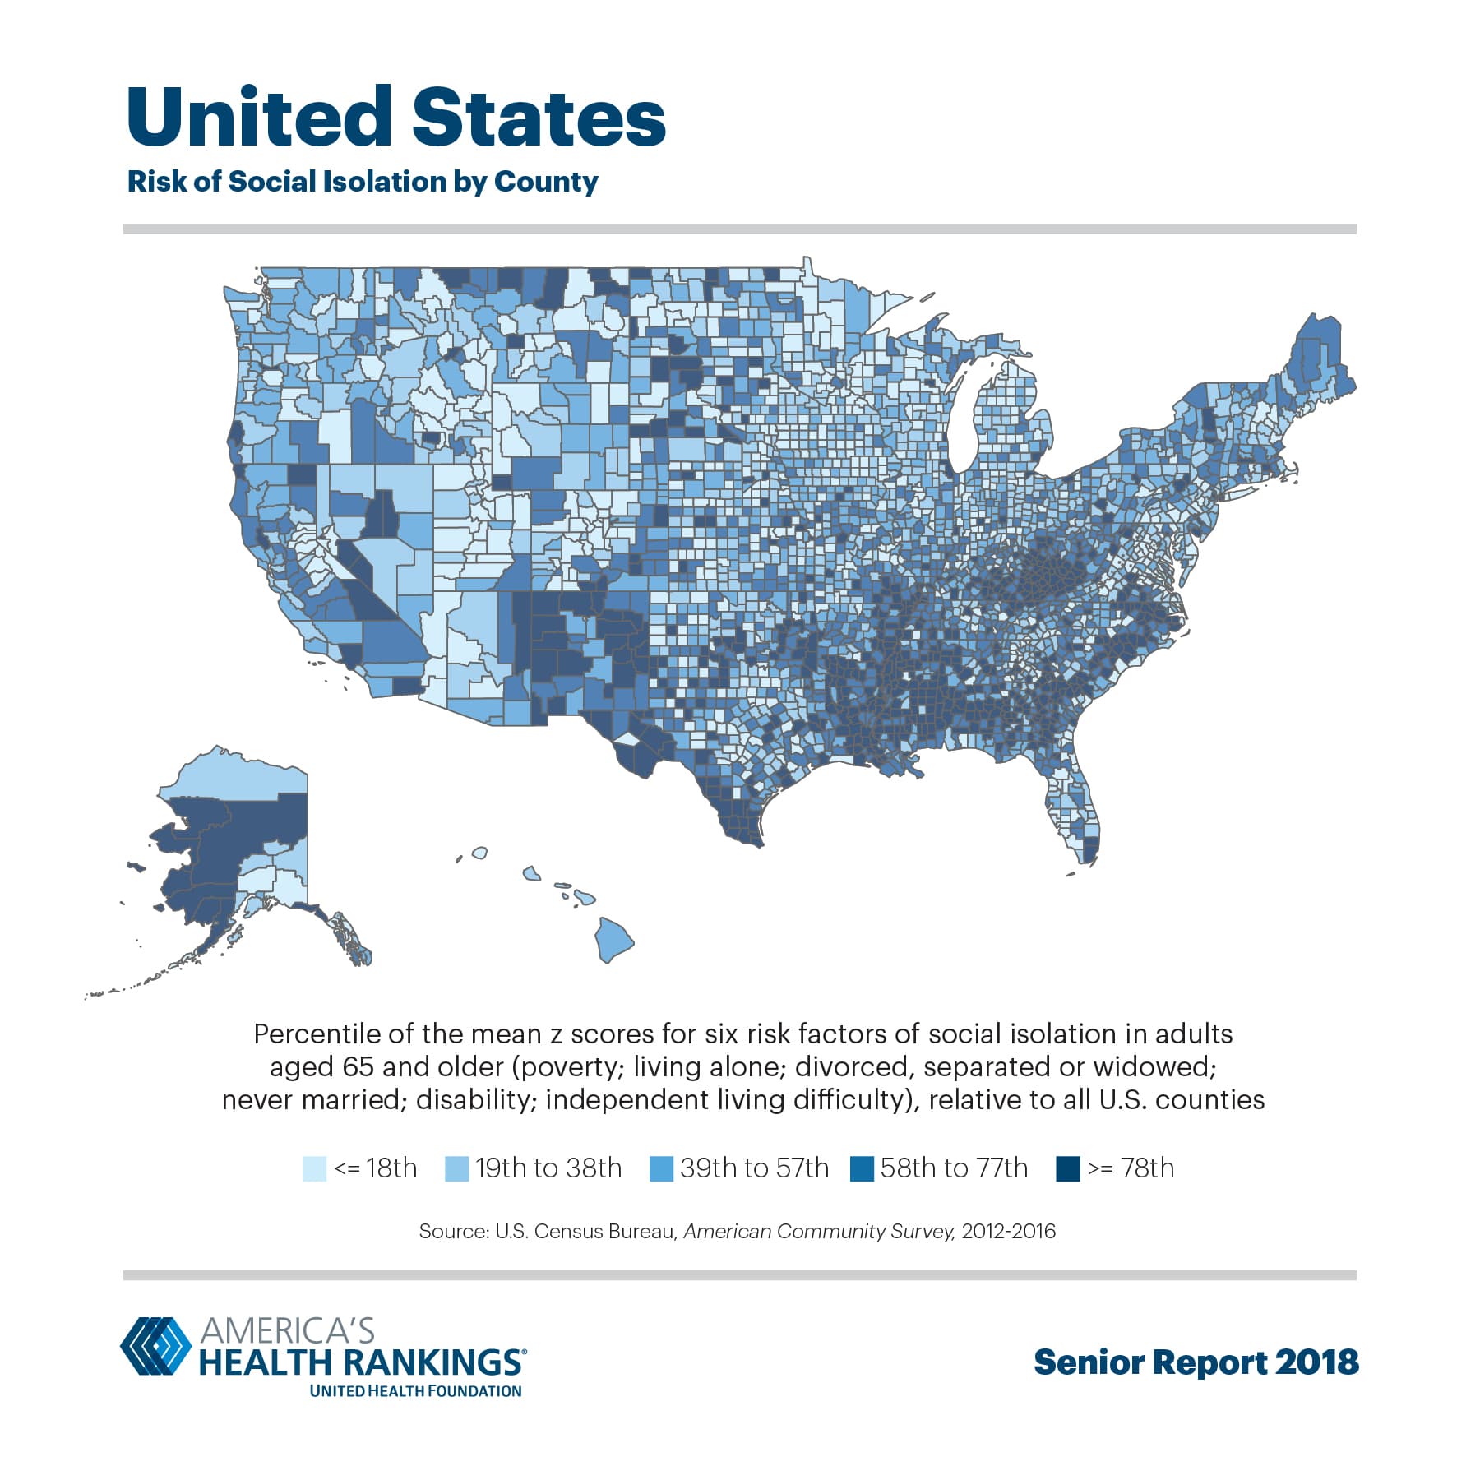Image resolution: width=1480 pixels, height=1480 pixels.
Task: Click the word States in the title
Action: point(539,118)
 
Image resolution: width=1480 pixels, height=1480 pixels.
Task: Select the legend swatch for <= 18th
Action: point(314,1168)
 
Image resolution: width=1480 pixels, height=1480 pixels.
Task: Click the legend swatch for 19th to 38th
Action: point(456,1168)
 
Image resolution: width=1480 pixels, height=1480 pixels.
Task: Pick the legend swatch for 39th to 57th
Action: point(661,1168)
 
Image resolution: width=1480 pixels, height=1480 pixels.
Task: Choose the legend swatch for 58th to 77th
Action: point(862,1168)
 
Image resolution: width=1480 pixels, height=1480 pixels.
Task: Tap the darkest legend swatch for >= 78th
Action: point(1067,1168)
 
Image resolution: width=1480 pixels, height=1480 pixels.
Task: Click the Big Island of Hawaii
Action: point(613,939)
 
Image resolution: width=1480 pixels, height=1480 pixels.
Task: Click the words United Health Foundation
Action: point(415,1391)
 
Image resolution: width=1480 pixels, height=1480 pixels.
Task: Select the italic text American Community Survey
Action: point(819,1231)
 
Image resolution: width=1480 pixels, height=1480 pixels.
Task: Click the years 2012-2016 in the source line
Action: point(1008,1231)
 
